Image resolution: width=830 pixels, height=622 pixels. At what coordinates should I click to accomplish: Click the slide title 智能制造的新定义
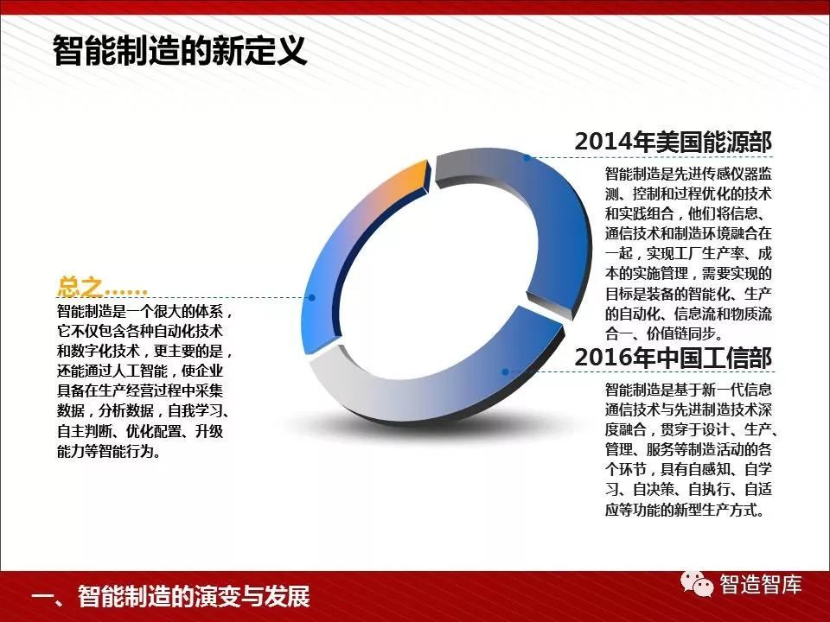pos(180,51)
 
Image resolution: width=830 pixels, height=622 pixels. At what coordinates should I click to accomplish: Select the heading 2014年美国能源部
pos(674,141)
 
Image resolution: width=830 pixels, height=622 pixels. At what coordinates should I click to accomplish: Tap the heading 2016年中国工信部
pos(674,357)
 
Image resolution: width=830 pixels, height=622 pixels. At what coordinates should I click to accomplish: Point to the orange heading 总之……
pos(102,287)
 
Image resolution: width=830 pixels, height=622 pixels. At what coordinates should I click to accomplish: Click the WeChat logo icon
pos(696,583)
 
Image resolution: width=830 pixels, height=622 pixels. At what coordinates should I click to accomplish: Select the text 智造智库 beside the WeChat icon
pos(760,584)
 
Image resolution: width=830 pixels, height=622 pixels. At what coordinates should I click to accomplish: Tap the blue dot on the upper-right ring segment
pos(527,157)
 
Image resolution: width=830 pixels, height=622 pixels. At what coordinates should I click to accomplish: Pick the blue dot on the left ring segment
pos(312,298)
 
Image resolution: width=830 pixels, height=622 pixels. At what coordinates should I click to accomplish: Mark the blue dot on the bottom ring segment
pos(506,371)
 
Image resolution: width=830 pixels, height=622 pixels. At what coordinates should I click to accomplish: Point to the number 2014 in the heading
pos(602,142)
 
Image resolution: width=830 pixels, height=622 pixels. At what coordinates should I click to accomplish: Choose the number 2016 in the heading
pos(602,358)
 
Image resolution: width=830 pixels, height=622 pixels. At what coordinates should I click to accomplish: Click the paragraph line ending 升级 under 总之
pos(140,431)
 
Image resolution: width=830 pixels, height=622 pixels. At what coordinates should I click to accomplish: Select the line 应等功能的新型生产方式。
pos(685,510)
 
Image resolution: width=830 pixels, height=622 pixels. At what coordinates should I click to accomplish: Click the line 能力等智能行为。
pos(109,451)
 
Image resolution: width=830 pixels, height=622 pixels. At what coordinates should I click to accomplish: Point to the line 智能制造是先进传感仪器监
pos(689,174)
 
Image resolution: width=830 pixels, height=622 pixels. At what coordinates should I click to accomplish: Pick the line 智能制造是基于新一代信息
pos(689,390)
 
